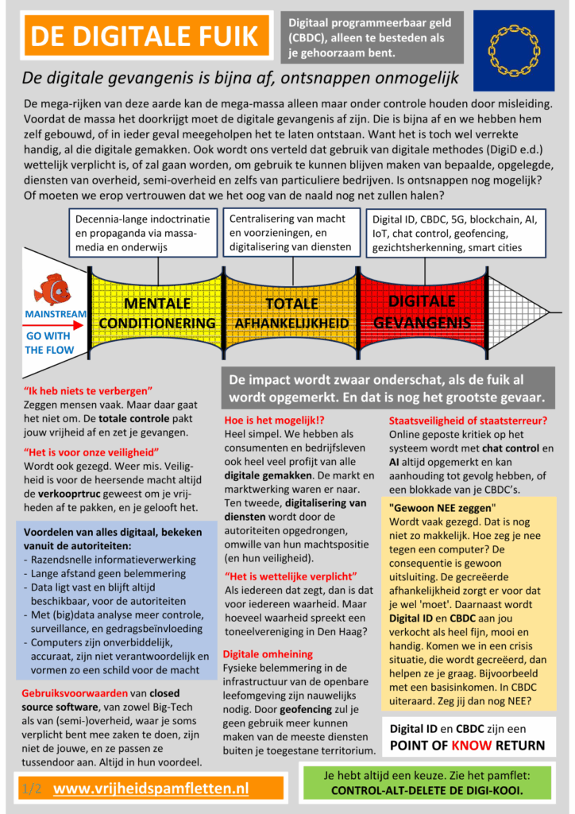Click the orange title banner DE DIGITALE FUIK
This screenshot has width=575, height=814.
click(144, 36)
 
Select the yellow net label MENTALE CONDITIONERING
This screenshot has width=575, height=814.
click(157, 313)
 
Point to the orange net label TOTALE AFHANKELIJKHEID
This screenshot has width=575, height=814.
click(291, 313)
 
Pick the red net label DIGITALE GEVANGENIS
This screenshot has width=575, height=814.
click(422, 312)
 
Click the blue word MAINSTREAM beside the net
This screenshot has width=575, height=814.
click(56, 314)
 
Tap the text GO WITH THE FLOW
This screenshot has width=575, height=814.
click(50, 343)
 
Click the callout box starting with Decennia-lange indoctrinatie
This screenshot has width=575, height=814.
click(143, 232)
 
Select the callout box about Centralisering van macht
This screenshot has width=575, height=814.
click(291, 232)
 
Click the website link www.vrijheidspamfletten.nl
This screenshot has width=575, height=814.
click(151, 788)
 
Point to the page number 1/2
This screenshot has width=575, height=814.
click(33, 788)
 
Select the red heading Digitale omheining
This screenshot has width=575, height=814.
click(257, 653)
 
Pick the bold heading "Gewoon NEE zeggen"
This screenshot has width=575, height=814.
click(442, 507)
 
